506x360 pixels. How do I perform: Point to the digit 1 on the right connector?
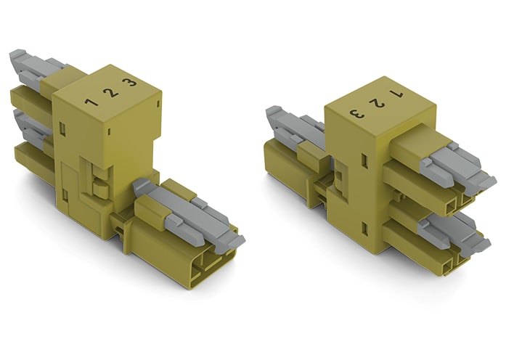point(396,94)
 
